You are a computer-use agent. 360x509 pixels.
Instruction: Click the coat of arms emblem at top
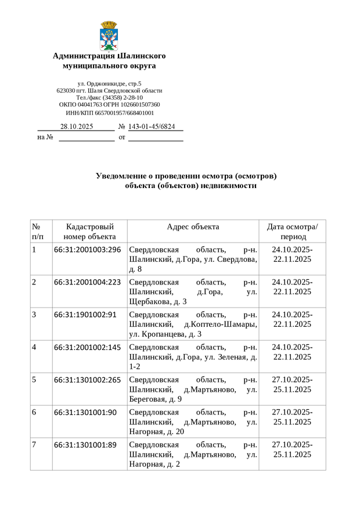[109, 35]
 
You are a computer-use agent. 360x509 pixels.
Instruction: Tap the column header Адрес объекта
[193, 227]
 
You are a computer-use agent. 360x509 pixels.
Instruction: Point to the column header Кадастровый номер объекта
[89, 232]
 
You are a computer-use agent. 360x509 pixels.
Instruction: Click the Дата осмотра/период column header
[292, 232]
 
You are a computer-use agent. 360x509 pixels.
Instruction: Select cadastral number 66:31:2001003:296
[87, 250]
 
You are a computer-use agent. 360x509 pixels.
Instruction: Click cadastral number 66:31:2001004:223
[87, 282]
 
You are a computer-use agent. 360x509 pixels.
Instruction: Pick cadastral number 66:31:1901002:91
[85, 315]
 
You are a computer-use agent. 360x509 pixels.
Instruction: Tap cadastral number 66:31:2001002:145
[87, 347]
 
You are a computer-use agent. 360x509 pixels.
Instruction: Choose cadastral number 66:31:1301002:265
[87, 380]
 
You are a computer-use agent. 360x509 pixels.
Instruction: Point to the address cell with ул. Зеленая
[193, 356]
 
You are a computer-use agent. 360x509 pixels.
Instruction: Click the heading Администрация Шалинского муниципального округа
[109, 61]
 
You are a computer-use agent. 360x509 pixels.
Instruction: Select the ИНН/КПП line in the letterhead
[109, 113]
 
